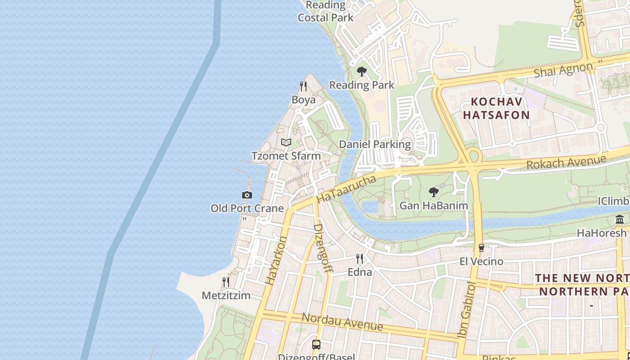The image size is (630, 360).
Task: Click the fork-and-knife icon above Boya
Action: tap(303, 86)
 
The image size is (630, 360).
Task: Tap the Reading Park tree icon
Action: tap(361, 72)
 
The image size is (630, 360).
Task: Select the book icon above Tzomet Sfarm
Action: tap(286, 143)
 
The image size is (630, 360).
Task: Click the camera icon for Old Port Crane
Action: tap(247, 195)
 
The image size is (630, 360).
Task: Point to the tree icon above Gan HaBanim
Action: tap(433, 193)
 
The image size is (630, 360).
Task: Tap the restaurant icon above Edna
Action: tap(360, 259)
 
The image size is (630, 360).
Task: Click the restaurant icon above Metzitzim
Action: tap(226, 282)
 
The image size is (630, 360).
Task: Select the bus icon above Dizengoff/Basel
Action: tap(316, 345)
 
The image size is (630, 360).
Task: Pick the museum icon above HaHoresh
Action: tap(620, 220)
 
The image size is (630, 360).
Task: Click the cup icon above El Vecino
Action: tap(481, 248)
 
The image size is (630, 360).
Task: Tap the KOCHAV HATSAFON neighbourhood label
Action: tap(496, 108)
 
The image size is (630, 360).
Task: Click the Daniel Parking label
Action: tap(375, 144)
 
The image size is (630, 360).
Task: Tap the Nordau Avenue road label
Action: tap(342, 322)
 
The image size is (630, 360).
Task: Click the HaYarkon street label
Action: tap(276, 260)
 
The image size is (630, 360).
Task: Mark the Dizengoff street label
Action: tap(323, 248)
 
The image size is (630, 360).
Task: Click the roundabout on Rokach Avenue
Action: tap(472, 157)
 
